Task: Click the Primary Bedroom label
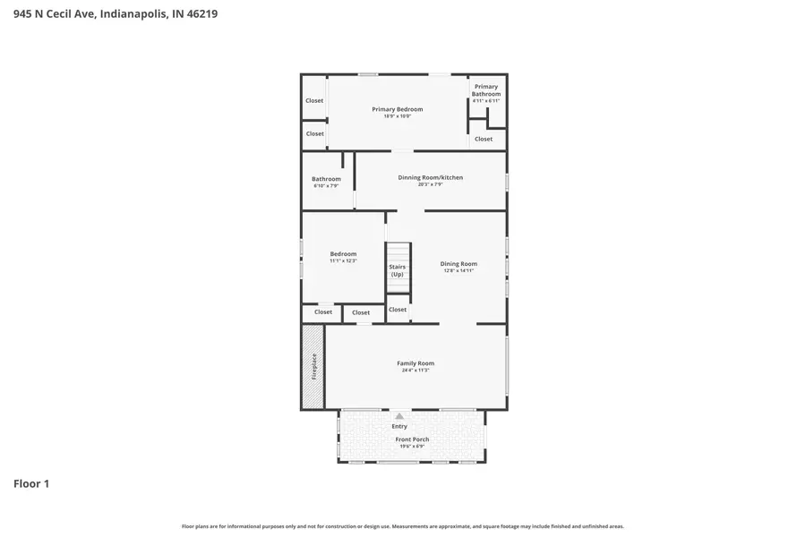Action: (x=397, y=109)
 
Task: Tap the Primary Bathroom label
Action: (x=486, y=90)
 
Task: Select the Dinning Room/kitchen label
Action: (x=430, y=177)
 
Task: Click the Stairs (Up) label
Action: (x=397, y=270)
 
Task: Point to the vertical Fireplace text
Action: (x=314, y=367)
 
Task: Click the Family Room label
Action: (x=416, y=363)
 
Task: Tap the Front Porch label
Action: (x=412, y=439)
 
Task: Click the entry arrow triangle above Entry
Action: (x=399, y=416)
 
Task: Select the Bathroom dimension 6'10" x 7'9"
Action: (x=326, y=186)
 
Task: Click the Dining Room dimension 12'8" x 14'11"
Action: (x=458, y=270)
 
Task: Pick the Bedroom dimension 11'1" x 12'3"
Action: (x=343, y=260)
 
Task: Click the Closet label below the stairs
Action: (x=398, y=310)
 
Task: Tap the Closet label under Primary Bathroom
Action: (x=484, y=139)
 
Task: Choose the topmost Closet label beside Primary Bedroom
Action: (x=314, y=100)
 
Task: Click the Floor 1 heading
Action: (x=31, y=484)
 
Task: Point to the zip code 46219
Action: (x=201, y=14)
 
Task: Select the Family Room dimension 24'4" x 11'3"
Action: (x=416, y=371)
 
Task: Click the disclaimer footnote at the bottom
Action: (x=403, y=526)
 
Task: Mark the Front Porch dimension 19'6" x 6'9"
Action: (x=412, y=447)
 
